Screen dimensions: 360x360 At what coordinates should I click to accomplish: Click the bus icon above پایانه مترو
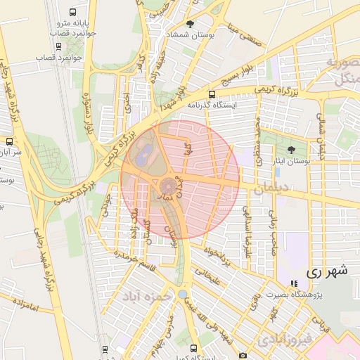pos(74,13)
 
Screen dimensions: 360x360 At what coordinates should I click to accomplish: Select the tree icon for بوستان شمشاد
pos(191,24)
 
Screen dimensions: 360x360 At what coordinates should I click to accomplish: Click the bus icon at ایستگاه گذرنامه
pos(212,94)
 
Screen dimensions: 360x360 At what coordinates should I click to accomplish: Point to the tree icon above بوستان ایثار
pos(291,150)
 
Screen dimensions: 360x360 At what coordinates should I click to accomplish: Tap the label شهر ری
pos(328,270)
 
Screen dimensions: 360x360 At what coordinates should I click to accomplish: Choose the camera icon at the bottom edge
pos(243,356)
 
